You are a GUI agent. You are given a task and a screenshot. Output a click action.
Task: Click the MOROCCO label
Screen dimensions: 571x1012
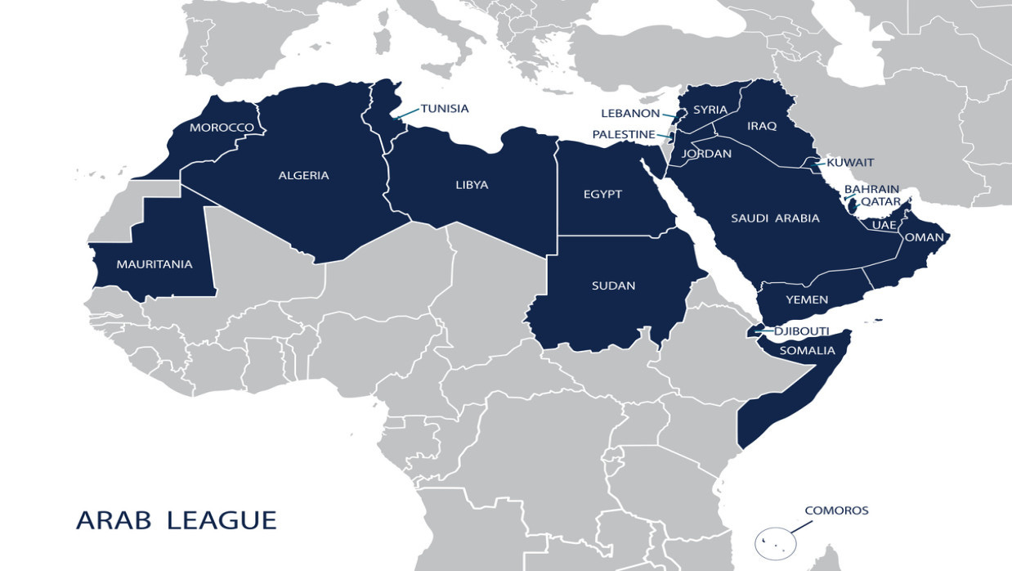click(x=222, y=128)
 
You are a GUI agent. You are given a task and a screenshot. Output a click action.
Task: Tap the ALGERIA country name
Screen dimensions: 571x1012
click(x=303, y=175)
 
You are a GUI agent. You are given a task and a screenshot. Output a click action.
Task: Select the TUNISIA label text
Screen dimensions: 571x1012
click(x=445, y=108)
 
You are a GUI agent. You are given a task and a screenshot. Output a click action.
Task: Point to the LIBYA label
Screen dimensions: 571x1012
click(x=472, y=185)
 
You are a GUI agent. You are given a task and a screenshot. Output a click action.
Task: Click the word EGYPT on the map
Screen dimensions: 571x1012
click(x=602, y=194)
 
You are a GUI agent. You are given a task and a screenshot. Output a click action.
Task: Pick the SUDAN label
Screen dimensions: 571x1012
click(x=613, y=285)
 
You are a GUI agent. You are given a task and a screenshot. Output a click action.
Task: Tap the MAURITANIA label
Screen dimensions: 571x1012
click(x=154, y=264)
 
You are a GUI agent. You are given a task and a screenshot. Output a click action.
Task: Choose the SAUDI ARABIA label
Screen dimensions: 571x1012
click(x=775, y=218)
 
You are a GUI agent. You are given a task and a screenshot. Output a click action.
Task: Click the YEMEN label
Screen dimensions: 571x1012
click(x=807, y=300)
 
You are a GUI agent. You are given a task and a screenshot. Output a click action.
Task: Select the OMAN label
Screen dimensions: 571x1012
click(x=925, y=238)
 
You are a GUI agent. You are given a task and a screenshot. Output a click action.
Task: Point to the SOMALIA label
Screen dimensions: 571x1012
click(x=807, y=351)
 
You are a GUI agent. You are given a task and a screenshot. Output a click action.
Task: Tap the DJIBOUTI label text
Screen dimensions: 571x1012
click(x=802, y=331)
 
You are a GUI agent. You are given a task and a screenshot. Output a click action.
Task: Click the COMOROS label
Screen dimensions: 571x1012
click(x=836, y=510)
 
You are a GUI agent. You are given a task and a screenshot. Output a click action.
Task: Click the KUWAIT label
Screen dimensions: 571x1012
click(x=850, y=162)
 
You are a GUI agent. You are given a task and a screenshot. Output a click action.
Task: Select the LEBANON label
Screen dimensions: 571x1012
click(x=629, y=114)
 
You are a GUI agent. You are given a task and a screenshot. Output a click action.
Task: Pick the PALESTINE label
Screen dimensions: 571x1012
click(x=624, y=134)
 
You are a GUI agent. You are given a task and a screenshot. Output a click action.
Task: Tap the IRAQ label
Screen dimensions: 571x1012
click(x=761, y=126)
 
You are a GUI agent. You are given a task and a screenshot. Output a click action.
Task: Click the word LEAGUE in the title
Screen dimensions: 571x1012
click(x=222, y=520)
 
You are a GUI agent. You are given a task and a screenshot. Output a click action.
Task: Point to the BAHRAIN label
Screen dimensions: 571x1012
click(x=871, y=189)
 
